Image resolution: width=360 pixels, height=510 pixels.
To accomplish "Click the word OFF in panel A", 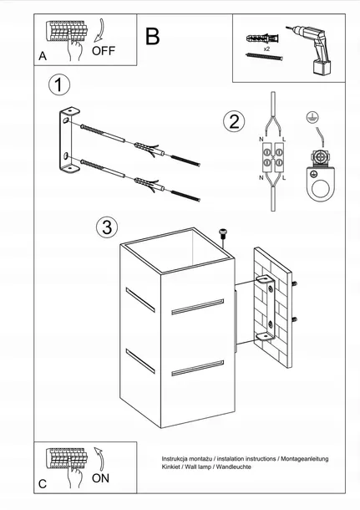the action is click(x=104, y=51).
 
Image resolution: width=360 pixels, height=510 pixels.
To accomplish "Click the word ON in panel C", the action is click(x=100, y=478).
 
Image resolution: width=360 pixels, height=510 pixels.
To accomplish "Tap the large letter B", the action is click(x=152, y=37).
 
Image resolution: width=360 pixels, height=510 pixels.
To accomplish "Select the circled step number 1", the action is click(x=59, y=85).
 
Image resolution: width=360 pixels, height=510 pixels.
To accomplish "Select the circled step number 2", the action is click(x=234, y=121).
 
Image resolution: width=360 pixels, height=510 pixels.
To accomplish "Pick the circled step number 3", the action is click(x=107, y=227).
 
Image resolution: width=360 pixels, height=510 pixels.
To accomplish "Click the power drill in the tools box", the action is click(x=311, y=49).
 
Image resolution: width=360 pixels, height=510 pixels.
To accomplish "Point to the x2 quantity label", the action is click(x=266, y=49).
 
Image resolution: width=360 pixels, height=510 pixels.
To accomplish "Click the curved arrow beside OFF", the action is click(x=99, y=30).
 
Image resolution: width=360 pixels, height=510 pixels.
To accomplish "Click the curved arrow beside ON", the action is click(x=99, y=460).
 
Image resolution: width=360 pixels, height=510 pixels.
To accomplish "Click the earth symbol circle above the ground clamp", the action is click(x=312, y=117).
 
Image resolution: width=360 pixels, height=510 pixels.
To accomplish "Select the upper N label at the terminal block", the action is click(x=261, y=140).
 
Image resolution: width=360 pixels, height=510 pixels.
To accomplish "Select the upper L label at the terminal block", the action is click(x=284, y=140).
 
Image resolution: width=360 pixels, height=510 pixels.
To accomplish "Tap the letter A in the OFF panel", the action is click(x=43, y=56).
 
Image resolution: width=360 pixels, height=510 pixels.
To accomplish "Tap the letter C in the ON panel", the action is click(x=43, y=484).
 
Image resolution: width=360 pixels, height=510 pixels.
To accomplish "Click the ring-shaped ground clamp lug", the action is click(x=321, y=185).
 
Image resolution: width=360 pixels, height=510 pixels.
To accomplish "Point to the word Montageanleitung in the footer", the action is click(x=305, y=459).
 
